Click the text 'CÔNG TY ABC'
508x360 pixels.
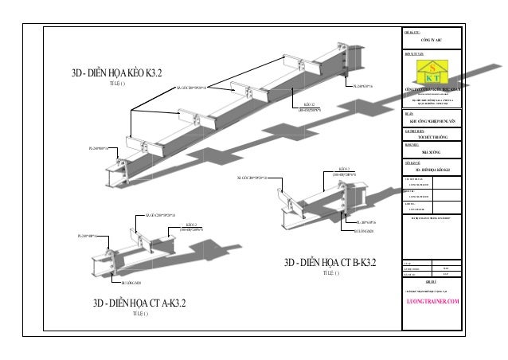coord(433,37)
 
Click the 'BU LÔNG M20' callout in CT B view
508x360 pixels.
coord(365,231)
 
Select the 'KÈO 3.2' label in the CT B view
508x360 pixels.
coord(344,170)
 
